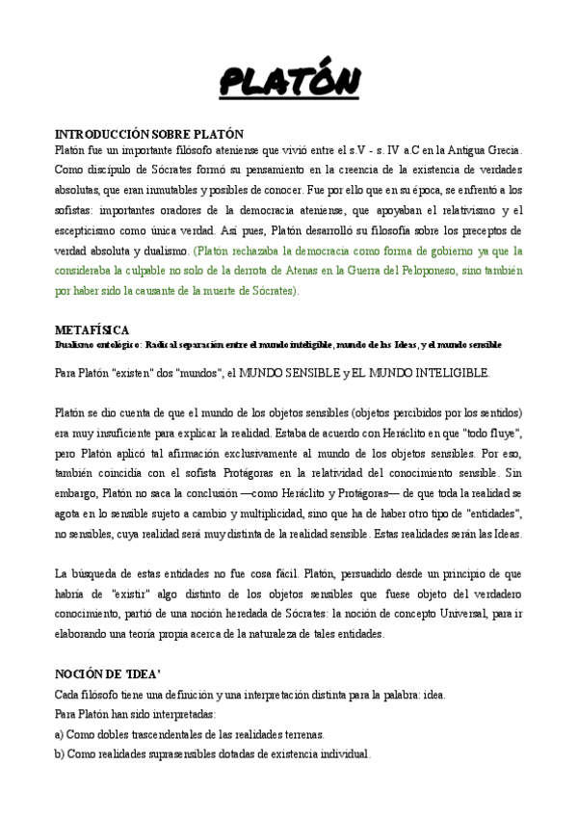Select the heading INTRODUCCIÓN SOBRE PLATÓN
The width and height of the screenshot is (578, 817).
149,135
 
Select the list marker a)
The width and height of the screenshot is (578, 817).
62,733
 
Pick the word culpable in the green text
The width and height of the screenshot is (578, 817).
163,271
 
